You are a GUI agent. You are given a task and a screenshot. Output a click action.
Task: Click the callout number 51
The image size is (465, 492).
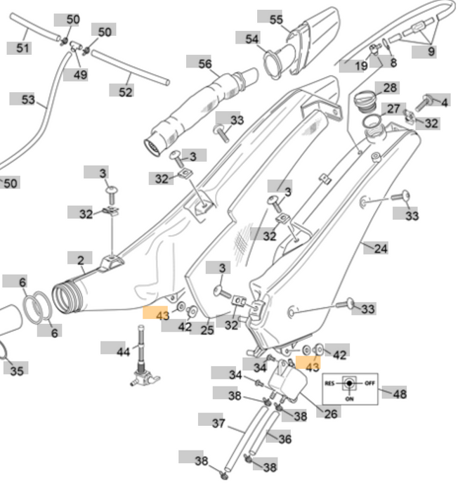coord(23,48)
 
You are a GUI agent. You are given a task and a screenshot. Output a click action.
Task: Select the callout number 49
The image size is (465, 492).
coord(81,75)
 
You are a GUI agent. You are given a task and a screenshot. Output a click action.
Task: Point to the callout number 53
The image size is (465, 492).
coord(27,100)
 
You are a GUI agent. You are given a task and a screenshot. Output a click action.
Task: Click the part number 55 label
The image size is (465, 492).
coord(276,19)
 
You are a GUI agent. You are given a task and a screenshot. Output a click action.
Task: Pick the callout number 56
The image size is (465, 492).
coord(204,63)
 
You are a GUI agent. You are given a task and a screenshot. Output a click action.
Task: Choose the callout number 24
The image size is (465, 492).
coord(381,248)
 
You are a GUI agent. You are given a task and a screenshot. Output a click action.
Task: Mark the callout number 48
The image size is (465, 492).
coord(400,394)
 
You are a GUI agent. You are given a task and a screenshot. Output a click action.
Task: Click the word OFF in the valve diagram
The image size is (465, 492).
coord(370,384)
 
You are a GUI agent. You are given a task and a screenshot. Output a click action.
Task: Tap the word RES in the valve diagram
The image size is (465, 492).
coord(330,384)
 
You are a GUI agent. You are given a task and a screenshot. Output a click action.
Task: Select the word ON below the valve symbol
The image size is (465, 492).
coord(350,398)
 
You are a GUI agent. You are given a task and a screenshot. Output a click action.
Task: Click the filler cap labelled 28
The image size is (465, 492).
coord(366,101)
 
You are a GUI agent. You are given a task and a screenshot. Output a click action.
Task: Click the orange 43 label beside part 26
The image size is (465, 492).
coord(311,367)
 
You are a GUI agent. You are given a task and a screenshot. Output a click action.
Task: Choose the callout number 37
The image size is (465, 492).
coord(218,423)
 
